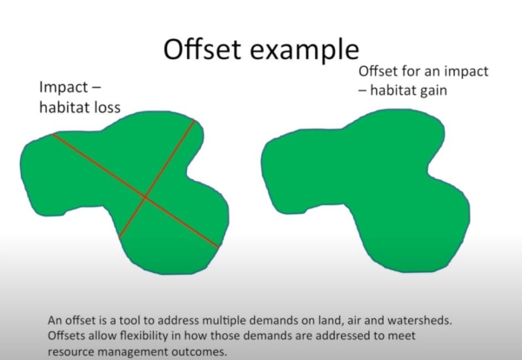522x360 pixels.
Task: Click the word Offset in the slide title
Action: coord(202,49)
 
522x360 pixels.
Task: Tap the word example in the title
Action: coord(304,51)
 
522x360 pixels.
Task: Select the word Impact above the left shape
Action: coord(64,88)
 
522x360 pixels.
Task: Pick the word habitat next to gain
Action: coord(393,90)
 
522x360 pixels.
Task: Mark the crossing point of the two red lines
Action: coord(145,197)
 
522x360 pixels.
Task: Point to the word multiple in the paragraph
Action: coord(224,321)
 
